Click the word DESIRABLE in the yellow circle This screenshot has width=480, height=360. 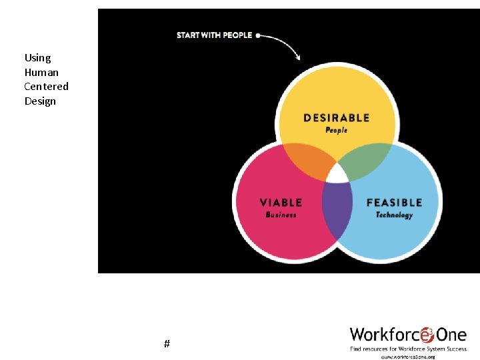pyautogui.click(x=336, y=118)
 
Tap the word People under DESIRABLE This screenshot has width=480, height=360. pyautogui.click(x=336, y=130)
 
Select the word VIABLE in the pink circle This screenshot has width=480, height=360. pyautogui.click(x=281, y=203)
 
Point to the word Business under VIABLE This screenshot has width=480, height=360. pyautogui.click(x=281, y=215)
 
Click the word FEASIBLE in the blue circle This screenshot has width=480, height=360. pyautogui.click(x=394, y=203)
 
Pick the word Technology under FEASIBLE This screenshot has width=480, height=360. pyautogui.click(x=394, y=215)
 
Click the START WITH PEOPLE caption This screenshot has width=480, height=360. pyautogui.click(x=214, y=35)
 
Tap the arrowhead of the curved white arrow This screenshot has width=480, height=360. pyautogui.click(x=297, y=58)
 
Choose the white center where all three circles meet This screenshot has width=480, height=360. pyautogui.click(x=337, y=174)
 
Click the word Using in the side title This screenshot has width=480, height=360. pyautogui.click(x=37, y=58)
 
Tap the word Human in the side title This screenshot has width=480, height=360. pyautogui.click(x=41, y=72)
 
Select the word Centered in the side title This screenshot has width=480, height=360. pyautogui.click(x=46, y=87)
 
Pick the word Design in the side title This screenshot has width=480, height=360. pyautogui.click(x=40, y=101)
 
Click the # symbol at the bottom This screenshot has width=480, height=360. pyautogui.click(x=167, y=344)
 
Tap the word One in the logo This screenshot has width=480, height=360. pyautogui.click(x=451, y=334)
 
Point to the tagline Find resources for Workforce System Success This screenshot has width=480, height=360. pyautogui.click(x=408, y=349)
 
